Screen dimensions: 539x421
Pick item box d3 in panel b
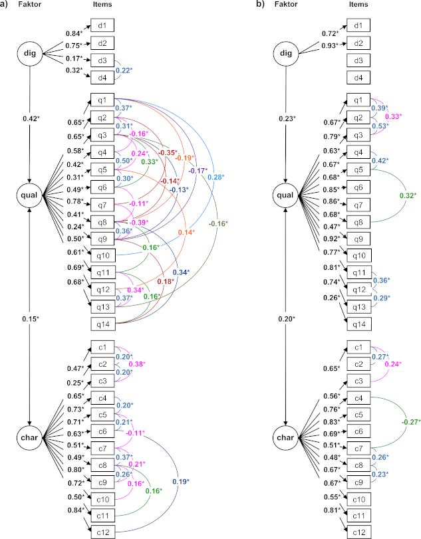click(358, 61)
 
